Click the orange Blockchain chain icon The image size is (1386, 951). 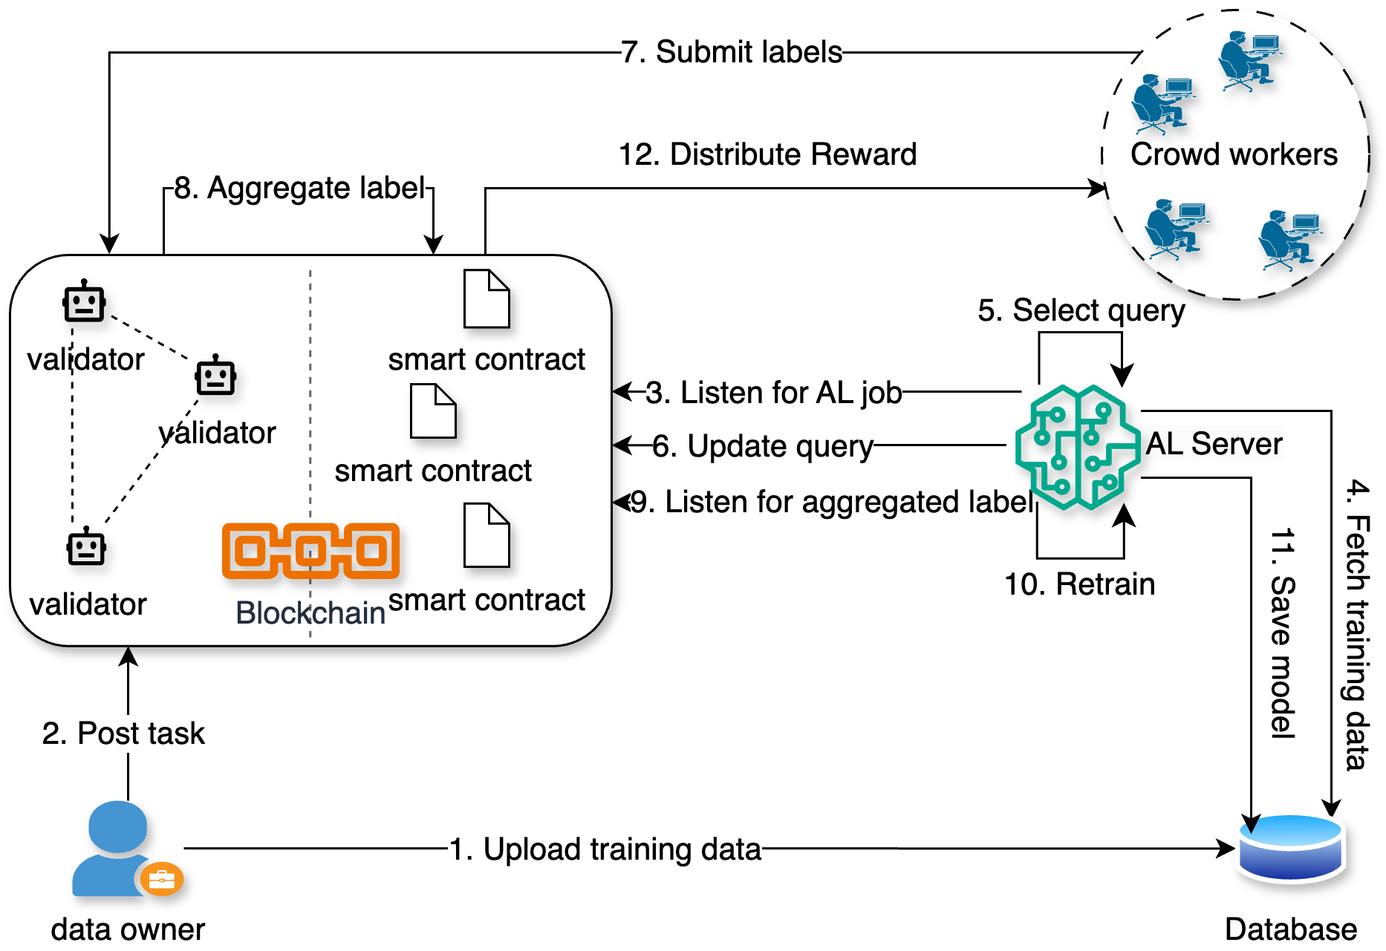point(310,551)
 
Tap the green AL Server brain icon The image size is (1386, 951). point(1078,447)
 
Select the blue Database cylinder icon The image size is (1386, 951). point(1291,848)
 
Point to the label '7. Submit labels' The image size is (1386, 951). point(732,52)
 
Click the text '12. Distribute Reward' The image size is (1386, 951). point(767,154)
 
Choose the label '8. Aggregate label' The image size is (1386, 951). point(299,188)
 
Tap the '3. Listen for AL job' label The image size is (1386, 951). point(773,393)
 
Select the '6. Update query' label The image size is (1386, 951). point(762,446)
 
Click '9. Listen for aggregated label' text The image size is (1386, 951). point(831,502)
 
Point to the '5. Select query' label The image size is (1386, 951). point(1081,310)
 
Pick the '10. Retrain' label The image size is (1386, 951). point(1079,584)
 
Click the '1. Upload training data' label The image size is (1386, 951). point(605,849)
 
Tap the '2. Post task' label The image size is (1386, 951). point(123,733)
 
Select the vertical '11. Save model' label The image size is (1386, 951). point(1283,633)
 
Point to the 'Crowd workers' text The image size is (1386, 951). point(1234,154)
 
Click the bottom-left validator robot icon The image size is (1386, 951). point(86,547)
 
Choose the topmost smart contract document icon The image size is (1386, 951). point(487,298)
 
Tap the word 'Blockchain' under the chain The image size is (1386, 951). point(310,613)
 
